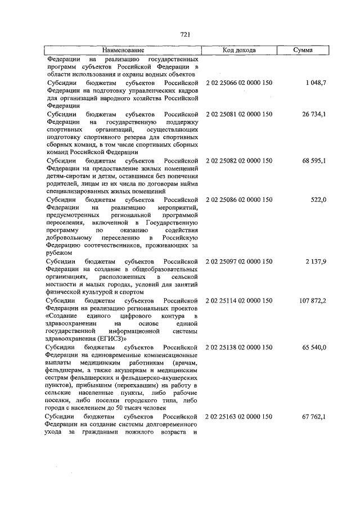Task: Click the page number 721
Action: click(184, 34)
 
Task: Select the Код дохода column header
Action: click(239, 51)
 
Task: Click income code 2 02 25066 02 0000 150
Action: click(239, 83)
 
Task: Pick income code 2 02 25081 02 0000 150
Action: click(239, 114)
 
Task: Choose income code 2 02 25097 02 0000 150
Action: click(239, 261)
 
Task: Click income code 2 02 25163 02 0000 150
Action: click(239, 416)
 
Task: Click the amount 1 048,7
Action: click(316, 83)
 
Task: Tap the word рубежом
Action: click(58, 253)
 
